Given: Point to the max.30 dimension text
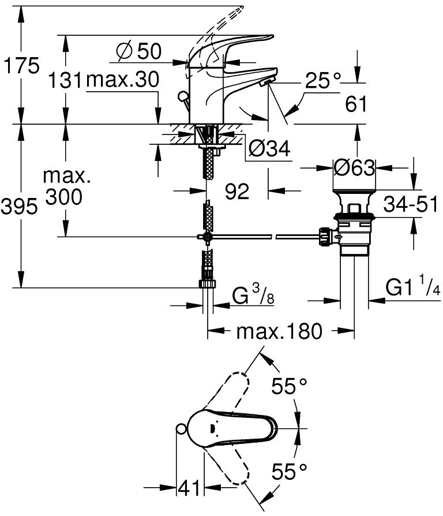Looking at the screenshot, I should point(122,81).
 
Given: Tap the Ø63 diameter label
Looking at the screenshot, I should point(354,168).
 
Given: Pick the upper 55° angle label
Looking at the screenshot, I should point(290,387).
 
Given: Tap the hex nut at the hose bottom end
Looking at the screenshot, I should point(206,284).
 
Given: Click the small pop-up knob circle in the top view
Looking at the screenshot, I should point(181,428).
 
